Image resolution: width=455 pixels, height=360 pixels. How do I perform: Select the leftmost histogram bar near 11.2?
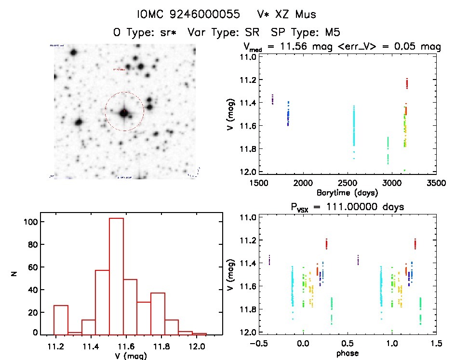point(61,320)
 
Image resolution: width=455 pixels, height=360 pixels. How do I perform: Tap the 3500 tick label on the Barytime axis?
point(436,183)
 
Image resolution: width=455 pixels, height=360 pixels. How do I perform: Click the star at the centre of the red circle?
point(124,112)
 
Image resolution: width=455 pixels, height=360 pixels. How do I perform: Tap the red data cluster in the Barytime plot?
point(407,84)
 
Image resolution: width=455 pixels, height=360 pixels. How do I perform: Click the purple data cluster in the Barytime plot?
point(272,99)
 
